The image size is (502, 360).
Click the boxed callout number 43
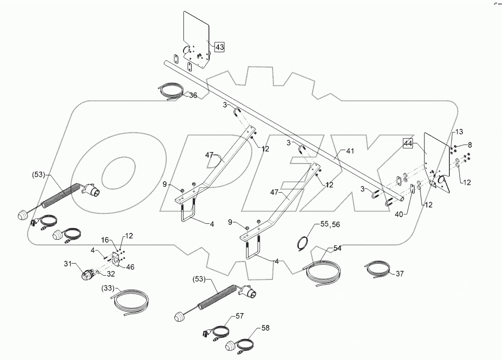[x=219, y=47]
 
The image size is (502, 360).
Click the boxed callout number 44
[x=408, y=143]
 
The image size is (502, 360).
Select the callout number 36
[x=193, y=95]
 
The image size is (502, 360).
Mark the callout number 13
[x=458, y=132]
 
